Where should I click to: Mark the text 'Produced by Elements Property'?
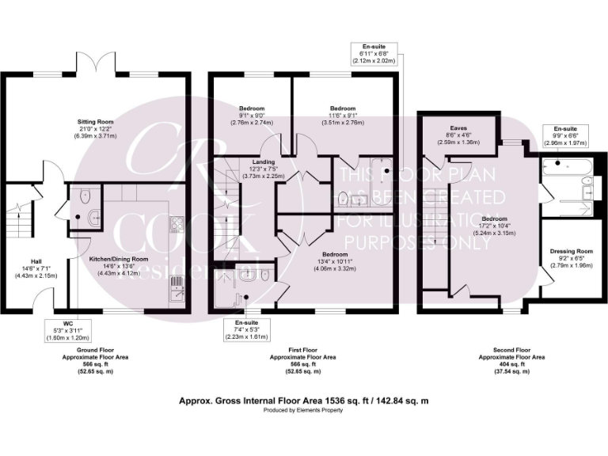click(x=304, y=412)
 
